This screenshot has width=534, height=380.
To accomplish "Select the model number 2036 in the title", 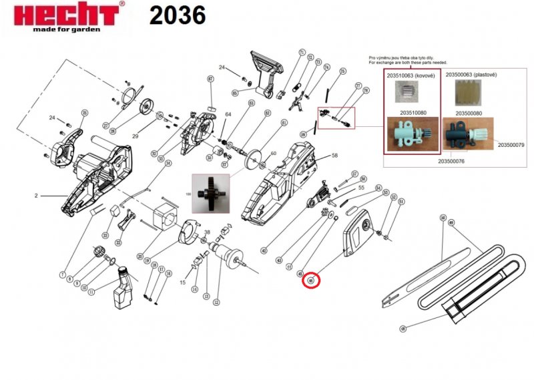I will pyautogui.click(x=177, y=15).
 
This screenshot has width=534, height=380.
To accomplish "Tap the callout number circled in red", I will pyautogui.click(x=312, y=280).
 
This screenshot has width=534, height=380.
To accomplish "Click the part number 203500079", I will pyautogui.click(x=511, y=144).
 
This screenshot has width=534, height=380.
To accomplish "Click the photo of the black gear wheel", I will pyautogui.click(x=211, y=193).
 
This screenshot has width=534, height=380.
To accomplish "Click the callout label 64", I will pyautogui.click(x=228, y=114).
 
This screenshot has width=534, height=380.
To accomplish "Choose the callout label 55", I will pyautogui.click(x=361, y=188).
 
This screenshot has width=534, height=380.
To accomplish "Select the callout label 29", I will pyautogui.click(x=135, y=136).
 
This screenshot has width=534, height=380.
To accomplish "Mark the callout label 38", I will pyautogui.click(x=208, y=232).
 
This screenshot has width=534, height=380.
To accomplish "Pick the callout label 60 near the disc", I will pyautogui.click(x=272, y=154).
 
